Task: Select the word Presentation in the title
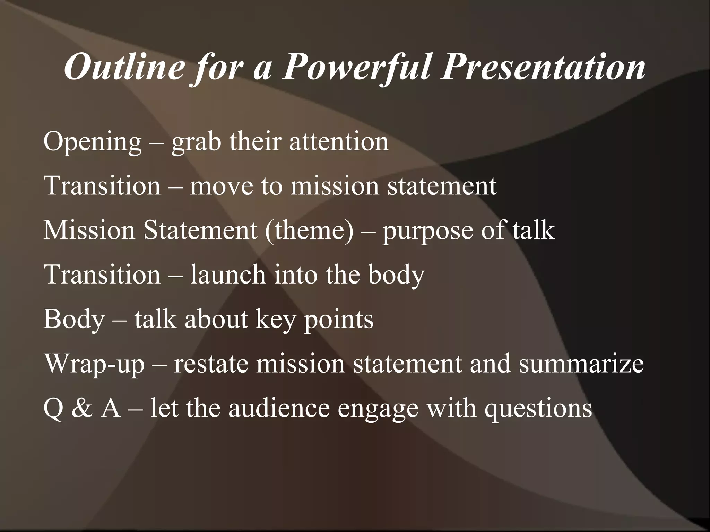click(543, 67)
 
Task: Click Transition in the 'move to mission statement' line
click(102, 185)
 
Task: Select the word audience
click(279, 408)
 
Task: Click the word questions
click(538, 408)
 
